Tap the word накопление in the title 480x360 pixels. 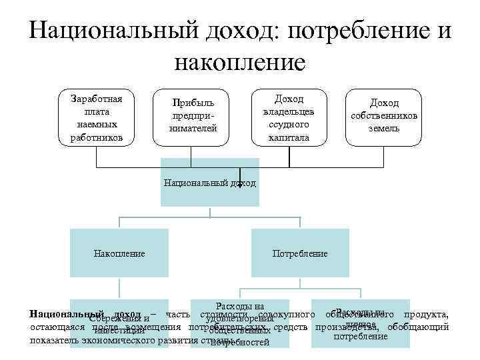(239, 63)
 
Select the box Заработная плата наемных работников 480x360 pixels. (96, 118)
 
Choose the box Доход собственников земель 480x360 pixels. (383, 118)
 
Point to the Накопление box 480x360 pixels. (120, 253)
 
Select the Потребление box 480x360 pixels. (300, 253)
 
